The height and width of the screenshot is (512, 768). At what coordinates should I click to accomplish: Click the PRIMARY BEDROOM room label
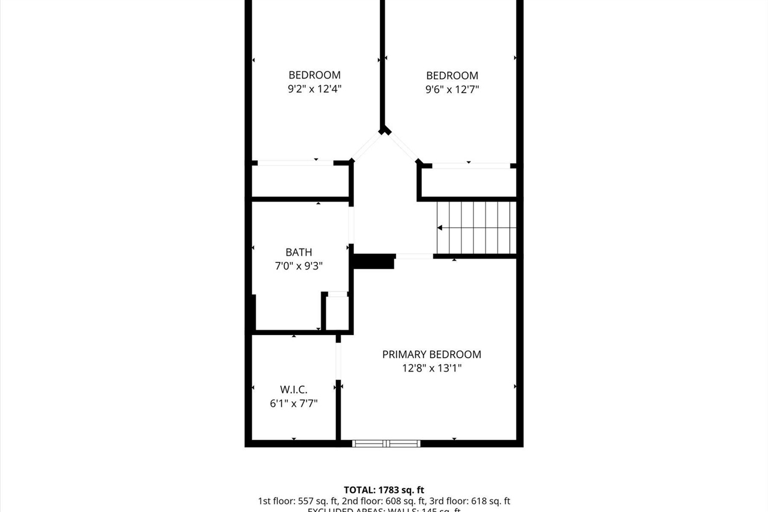(x=431, y=354)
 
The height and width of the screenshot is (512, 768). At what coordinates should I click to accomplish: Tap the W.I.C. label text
(x=293, y=390)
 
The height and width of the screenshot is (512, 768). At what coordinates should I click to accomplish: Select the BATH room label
(x=299, y=252)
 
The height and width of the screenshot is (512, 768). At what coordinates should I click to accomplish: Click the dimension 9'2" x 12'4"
(x=314, y=89)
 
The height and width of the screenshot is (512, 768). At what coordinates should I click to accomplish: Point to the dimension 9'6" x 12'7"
(x=452, y=89)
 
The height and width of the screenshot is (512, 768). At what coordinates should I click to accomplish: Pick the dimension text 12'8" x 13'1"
(x=431, y=368)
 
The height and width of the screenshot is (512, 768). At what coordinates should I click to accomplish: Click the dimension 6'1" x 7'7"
(x=293, y=403)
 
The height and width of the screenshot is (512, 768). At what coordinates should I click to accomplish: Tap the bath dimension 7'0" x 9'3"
(x=299, y=266)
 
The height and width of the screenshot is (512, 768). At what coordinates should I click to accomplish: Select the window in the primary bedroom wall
(x=386, y=444)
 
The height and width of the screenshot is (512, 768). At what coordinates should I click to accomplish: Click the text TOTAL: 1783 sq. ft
(x=384, y=490)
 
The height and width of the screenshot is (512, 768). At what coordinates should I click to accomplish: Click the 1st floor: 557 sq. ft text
(x=298, y=501)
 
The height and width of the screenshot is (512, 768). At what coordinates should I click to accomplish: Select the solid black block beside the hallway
(x=374, y=261)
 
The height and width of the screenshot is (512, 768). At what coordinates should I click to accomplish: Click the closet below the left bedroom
(x=299, y=181)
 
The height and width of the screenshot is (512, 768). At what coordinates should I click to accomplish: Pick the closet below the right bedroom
(x=469, y=182)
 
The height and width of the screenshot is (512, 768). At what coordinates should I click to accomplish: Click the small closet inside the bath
(x=337, y=313)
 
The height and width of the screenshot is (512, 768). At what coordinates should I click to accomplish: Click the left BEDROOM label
(x=314, y=75)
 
